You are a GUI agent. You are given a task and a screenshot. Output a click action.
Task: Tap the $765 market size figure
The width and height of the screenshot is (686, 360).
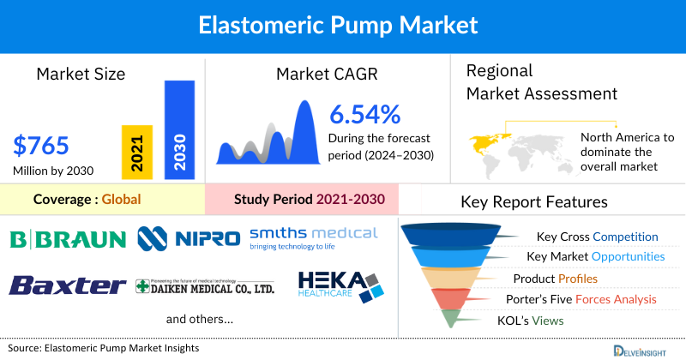tap(41, 145)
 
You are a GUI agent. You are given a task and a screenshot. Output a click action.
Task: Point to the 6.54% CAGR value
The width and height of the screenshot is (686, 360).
tap(365, 114)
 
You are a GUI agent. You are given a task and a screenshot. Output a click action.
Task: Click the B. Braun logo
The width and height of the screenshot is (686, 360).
tap(68, 237)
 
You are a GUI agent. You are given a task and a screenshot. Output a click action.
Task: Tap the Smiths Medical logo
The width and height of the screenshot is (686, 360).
tap(313, 237)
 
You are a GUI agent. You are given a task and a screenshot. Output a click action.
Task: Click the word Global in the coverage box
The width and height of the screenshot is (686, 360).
tap(121, 199)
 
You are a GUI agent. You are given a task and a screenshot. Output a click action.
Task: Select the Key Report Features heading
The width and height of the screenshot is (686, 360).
tap(534, 202)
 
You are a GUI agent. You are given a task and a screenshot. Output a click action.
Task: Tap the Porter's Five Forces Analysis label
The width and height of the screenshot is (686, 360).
tap(585, 299)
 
